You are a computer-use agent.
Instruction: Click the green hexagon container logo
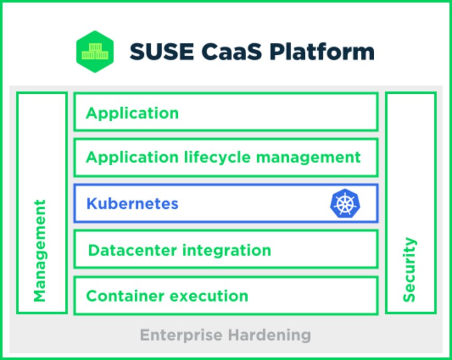point(95,51)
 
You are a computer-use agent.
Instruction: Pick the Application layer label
point(132,113)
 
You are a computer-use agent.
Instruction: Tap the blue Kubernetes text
point(132,204)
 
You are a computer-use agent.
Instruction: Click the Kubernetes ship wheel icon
point(345,204)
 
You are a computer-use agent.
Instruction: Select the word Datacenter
point(132,251)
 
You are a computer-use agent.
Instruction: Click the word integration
point(226,251)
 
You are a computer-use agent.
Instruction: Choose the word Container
point(124,296)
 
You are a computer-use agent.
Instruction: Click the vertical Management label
point(40,251)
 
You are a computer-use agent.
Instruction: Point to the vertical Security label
point(409,269)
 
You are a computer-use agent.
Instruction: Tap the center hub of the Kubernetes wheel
point(345,204)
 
